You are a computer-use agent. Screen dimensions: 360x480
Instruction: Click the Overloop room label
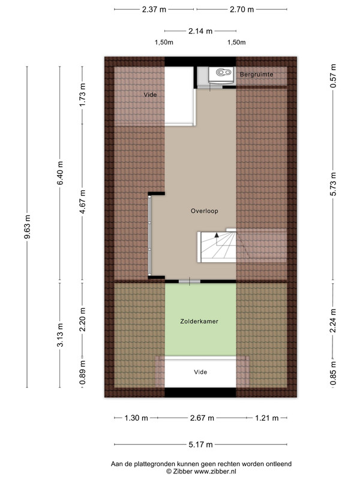point(204,211)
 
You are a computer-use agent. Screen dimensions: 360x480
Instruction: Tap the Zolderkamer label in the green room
point(199,322)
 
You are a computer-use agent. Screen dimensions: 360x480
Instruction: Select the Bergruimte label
point(256,74)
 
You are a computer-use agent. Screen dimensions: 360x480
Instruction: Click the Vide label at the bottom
point(200,372)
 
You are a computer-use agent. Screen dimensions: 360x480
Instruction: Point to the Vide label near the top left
point(150,95)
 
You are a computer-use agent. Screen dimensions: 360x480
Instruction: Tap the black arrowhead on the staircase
point(217,235)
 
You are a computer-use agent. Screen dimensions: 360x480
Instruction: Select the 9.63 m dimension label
point(27,227)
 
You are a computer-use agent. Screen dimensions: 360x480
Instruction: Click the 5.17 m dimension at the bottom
point(200,445)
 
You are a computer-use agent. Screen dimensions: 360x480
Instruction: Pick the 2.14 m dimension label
point(200,31)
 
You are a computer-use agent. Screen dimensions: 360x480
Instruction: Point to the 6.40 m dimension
point(60,173)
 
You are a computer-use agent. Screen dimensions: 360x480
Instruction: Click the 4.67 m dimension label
point(82,202)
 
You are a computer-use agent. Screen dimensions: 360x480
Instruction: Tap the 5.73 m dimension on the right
point(334,184)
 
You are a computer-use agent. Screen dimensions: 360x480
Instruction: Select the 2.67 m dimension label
point(202,418)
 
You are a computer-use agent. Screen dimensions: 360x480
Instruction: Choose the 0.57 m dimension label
point(334,76)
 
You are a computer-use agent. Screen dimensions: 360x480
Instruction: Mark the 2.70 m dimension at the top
point(242,10)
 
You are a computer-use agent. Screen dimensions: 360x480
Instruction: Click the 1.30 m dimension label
point(136,418)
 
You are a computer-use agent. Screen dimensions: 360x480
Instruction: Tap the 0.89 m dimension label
point(82,373)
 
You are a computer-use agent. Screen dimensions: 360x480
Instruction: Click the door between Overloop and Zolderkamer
point(190,281)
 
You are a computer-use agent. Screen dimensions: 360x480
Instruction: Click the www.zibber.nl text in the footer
point(215,472)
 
